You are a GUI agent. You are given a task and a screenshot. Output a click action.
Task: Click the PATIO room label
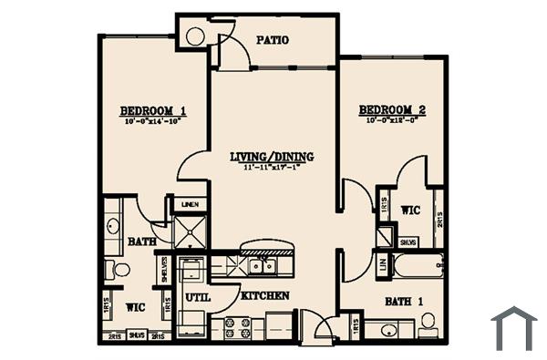tap(273, 40)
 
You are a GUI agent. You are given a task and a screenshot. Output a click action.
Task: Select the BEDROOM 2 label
tap(392, 109)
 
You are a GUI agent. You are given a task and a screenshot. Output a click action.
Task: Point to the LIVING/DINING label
tap(272, 157)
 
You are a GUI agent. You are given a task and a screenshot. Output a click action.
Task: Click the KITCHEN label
tap(264, 296)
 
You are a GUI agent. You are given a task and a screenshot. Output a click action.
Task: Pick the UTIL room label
tap(197, 297)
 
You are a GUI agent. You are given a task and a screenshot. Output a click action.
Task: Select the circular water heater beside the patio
tap(195, 36)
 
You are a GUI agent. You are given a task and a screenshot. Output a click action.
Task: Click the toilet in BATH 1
tap(427, 321)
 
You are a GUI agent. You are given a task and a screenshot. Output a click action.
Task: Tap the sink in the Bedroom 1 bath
tap(114, 225)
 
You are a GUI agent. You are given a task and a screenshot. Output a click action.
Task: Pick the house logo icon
tap(513, 327)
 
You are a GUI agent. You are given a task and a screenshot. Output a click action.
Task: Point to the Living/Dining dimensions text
tap(272, 168)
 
